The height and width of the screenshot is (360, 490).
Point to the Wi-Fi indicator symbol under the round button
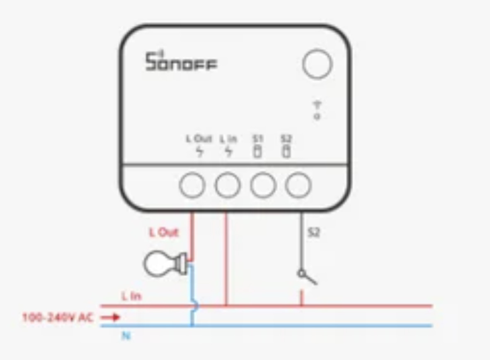[317, 110]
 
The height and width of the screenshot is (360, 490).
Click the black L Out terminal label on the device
[199, 138]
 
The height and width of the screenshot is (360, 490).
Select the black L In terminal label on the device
[228, 139]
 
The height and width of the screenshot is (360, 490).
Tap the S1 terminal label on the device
[258, 138]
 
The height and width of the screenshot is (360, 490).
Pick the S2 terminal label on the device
[286, 138]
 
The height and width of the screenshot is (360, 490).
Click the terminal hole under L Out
[192, 185]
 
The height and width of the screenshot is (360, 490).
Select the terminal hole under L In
[228, 185]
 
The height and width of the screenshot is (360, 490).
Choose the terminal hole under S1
[263, 185]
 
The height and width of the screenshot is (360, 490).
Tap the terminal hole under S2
[298, 185]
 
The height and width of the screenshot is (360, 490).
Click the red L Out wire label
[164, 232]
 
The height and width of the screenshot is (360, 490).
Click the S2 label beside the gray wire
[314, 232]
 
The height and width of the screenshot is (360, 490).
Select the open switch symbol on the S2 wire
[307, 277]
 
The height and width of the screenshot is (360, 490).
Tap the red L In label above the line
[131, 296]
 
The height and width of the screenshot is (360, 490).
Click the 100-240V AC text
[58, 317]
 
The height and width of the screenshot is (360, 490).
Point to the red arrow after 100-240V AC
[110, 317]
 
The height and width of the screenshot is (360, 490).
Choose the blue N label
[126, 336]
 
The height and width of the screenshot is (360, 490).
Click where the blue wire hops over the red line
[196, 306]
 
